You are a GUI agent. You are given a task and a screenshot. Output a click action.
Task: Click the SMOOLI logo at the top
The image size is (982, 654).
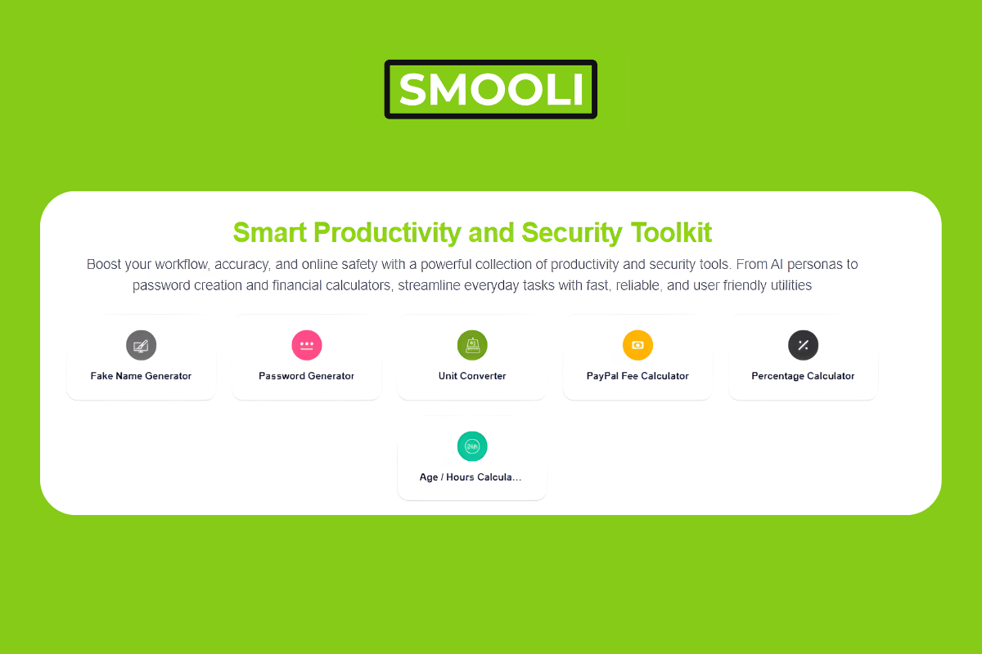click(490, 89)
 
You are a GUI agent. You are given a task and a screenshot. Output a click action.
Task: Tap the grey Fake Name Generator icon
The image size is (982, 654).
click(141, 345)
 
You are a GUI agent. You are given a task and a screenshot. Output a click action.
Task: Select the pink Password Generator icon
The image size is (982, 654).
click(307, 345)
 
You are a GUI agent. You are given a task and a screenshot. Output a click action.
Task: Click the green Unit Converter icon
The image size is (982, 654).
click(472, 345)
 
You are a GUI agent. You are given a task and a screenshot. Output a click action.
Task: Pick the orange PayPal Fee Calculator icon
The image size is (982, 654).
click(637, 345)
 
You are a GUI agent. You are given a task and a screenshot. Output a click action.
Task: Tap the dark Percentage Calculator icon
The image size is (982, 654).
click(803, 345)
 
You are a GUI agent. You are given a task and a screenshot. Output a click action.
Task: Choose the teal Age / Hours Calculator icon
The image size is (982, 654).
click(472, 446)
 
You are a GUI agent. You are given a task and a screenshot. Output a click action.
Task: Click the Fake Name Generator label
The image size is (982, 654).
click(141, 376)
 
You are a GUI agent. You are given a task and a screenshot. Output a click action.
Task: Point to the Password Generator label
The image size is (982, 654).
click(307, 376)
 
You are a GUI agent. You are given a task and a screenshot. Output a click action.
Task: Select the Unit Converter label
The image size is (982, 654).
click(472, 376)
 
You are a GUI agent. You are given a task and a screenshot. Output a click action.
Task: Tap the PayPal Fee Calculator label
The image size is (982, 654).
click(637, 376)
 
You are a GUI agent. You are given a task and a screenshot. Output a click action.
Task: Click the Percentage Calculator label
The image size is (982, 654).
click(803, 376)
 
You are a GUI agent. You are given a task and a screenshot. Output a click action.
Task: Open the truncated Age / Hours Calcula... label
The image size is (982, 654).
click(471, 477)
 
